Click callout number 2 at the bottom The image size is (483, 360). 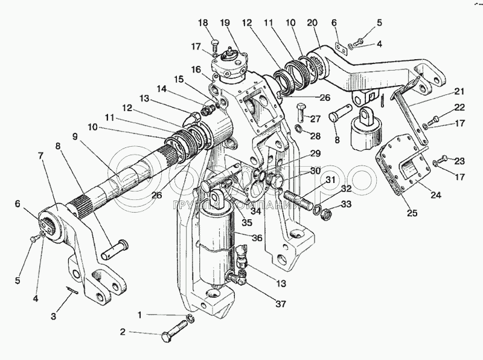(123, 332)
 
